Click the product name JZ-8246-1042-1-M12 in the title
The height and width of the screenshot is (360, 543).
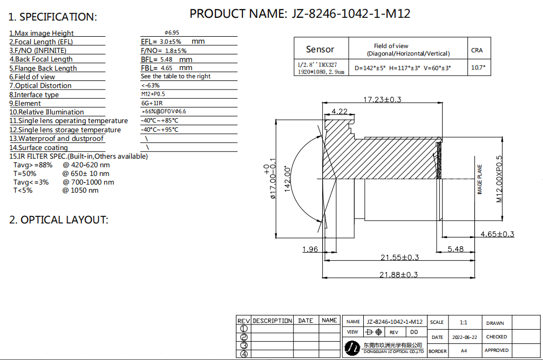(x=351, y=14)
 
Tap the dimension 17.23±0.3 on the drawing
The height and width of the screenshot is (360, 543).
(x=382, y=100)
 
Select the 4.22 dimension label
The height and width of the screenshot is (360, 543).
(x=340, y=112)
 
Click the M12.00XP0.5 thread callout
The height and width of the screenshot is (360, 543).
(x=499, y=179)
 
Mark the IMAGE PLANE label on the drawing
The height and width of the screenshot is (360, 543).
(x=480, y=179)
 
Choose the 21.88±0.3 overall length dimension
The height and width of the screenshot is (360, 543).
(x=398, y=275)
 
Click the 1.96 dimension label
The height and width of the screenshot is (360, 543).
(x=310, y=249)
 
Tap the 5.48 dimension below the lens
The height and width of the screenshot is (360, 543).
(x=456, y=249)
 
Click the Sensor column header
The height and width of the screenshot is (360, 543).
(x=320, y=49)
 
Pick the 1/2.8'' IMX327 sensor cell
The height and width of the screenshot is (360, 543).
(x=321, y=68)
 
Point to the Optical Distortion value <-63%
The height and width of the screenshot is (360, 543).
(x=150, y=85)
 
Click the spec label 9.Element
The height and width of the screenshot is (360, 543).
(x=25, y=103)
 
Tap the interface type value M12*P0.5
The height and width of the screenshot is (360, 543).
(x=153, y=94)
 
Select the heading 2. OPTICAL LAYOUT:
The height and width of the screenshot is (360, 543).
(x=58, y=220)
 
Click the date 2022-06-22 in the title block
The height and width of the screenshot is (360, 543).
(x=465, y=337)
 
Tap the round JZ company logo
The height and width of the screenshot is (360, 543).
(x=352, y=348)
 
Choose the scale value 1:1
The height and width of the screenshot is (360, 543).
(x=463, y=323)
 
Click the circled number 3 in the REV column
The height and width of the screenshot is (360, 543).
(x=244, y=345)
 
